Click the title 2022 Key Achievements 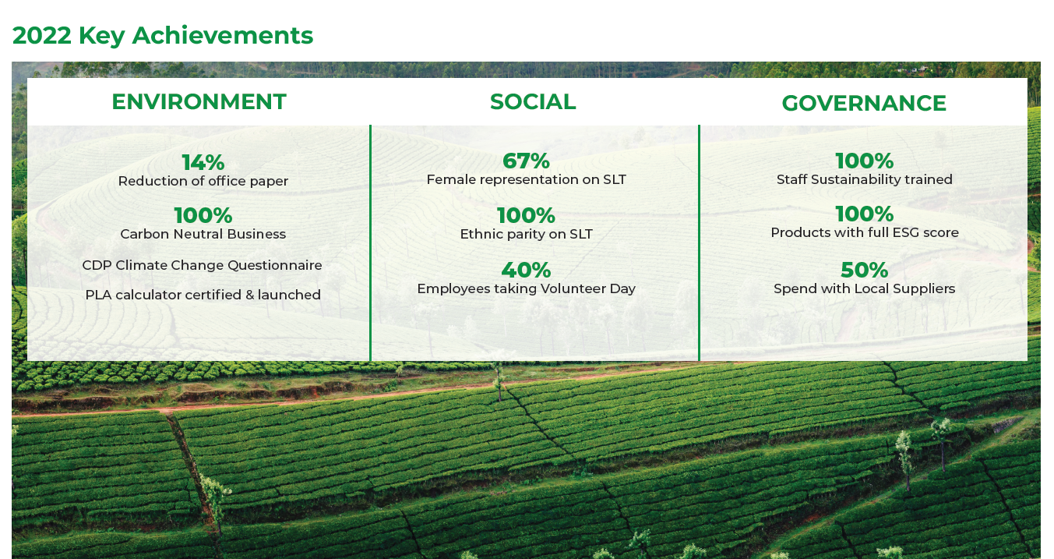(163, 36)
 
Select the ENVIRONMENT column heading (199, 101)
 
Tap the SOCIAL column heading (533, 101)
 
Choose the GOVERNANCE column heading (864, 103)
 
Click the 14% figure (203, 162)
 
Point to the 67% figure (526, 161)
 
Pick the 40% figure (526, 271)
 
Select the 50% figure (865, 271)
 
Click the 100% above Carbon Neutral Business (203, 216)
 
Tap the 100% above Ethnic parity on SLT (526, 216)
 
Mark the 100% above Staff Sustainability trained (865, 161)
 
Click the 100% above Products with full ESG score (865, 214)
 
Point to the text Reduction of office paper (203, 182)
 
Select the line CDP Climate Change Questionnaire (203, 265)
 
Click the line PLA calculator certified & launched (203, 295)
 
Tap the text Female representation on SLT (526, 179)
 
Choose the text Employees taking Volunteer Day (526, 288)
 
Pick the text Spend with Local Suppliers (865, 288)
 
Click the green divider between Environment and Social (370, 243)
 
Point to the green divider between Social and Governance (700, 243)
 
